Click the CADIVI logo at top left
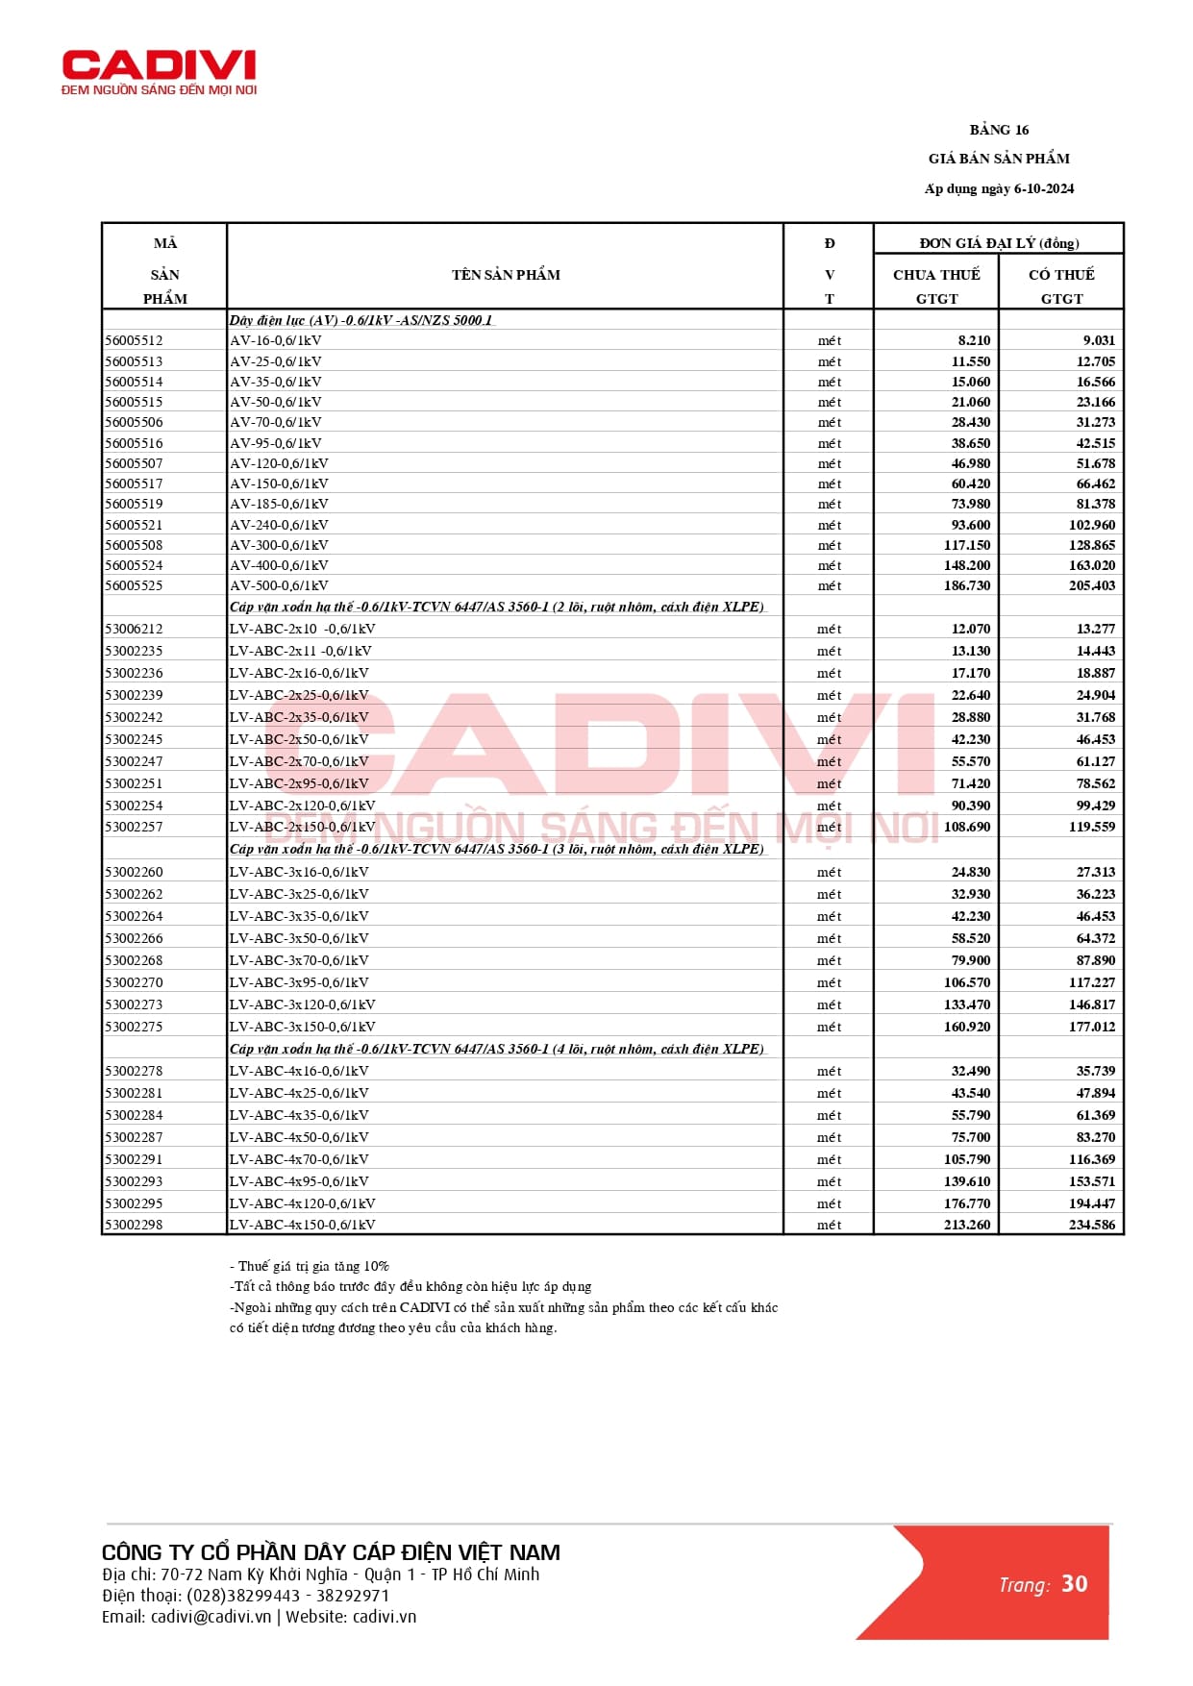tap(159, 71)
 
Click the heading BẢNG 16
tap(999, 130)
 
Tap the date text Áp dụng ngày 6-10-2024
tap(999, 188)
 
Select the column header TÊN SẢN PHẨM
tap(506, 275)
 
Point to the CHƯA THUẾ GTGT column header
tap(936, 285)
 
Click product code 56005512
tap(135, 340)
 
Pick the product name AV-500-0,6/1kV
tap(279, 585)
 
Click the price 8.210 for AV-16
tap(973, 340)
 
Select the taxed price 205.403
tap(1091, 585)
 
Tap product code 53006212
tap(135, 629)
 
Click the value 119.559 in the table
tap(1091, 827)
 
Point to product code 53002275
tap(135, 1027)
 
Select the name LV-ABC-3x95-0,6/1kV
tap(299, 982)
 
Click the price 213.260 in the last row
tap(966, 1225)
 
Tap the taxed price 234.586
tap(1091, 1225)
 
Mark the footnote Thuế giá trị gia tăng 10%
tap(310, 1266)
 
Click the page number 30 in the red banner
tap(1074, 1584)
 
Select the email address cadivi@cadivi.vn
tap(211, 1617)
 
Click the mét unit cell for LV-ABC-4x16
tap(829, 1071)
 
